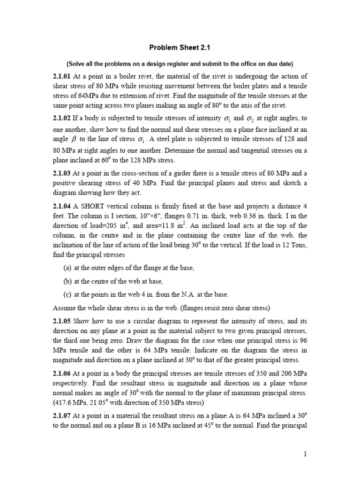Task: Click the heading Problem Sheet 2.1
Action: point(180,47)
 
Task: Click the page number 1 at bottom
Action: point(305,454)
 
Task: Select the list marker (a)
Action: point(67,268)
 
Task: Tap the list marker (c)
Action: point(67,294)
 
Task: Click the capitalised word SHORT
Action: point(96,207)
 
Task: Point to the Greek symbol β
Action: point(74,139)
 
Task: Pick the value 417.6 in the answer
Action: point(63,402)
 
